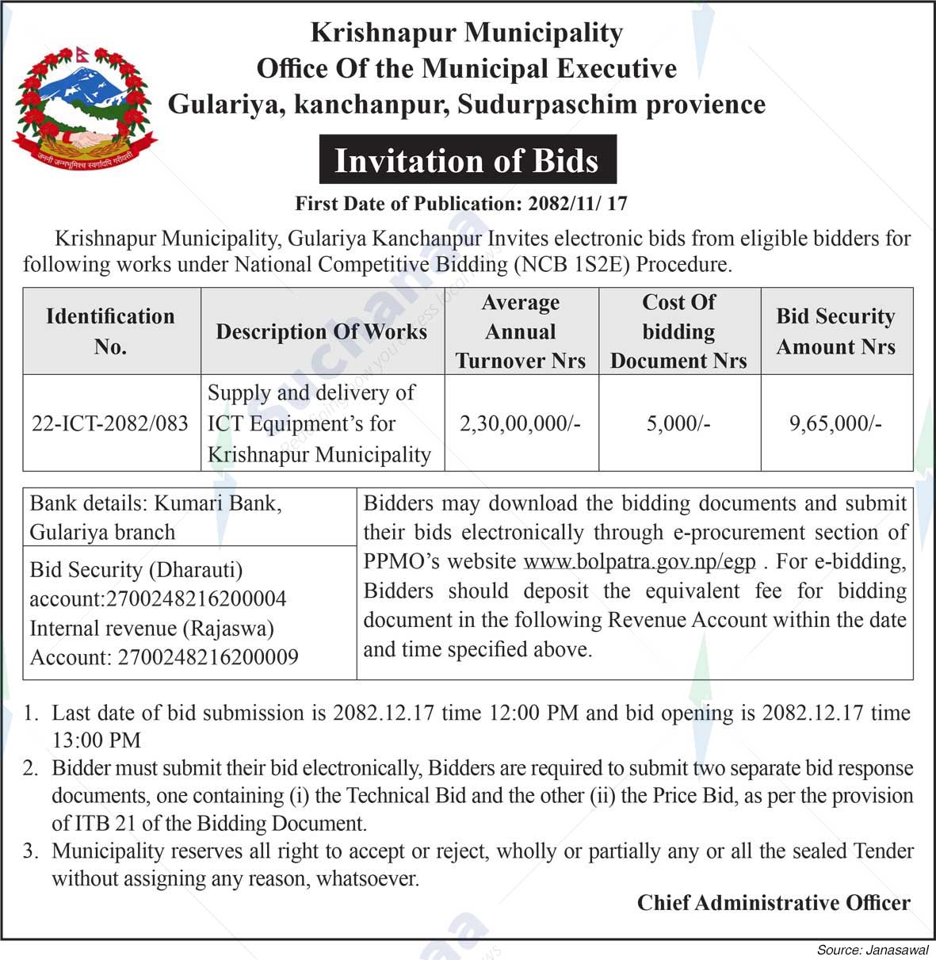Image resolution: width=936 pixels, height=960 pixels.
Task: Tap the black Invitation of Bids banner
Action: pos(467,160)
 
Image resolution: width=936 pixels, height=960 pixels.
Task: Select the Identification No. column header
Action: pos(110,331)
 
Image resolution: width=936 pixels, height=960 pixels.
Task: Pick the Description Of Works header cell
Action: pos(322,331)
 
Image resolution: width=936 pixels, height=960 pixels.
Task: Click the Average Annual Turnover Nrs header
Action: pos(521,331)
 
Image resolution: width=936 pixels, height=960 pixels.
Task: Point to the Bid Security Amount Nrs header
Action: pos(836,331)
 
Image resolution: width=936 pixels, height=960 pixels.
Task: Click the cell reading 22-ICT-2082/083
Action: pos(110,423)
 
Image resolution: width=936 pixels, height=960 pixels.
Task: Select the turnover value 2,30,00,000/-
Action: pos(521,423)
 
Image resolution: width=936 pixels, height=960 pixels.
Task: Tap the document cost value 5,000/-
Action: pos(678,423)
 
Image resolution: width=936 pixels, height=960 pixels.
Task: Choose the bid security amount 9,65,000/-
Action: pos(835,423)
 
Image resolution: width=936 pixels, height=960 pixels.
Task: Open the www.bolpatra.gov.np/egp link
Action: pos(640,562)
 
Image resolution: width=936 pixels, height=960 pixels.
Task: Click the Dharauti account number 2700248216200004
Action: pos(201,599)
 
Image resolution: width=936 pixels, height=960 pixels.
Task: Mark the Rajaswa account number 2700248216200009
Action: pos(208,657)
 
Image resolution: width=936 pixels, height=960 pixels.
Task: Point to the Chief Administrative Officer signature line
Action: pos(774,903)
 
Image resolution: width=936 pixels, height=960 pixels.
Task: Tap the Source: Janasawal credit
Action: pos(873,950)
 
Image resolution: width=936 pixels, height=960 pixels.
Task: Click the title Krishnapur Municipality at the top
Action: pos(467,33)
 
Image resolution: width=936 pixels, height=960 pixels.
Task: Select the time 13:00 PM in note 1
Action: pos(96,740)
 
